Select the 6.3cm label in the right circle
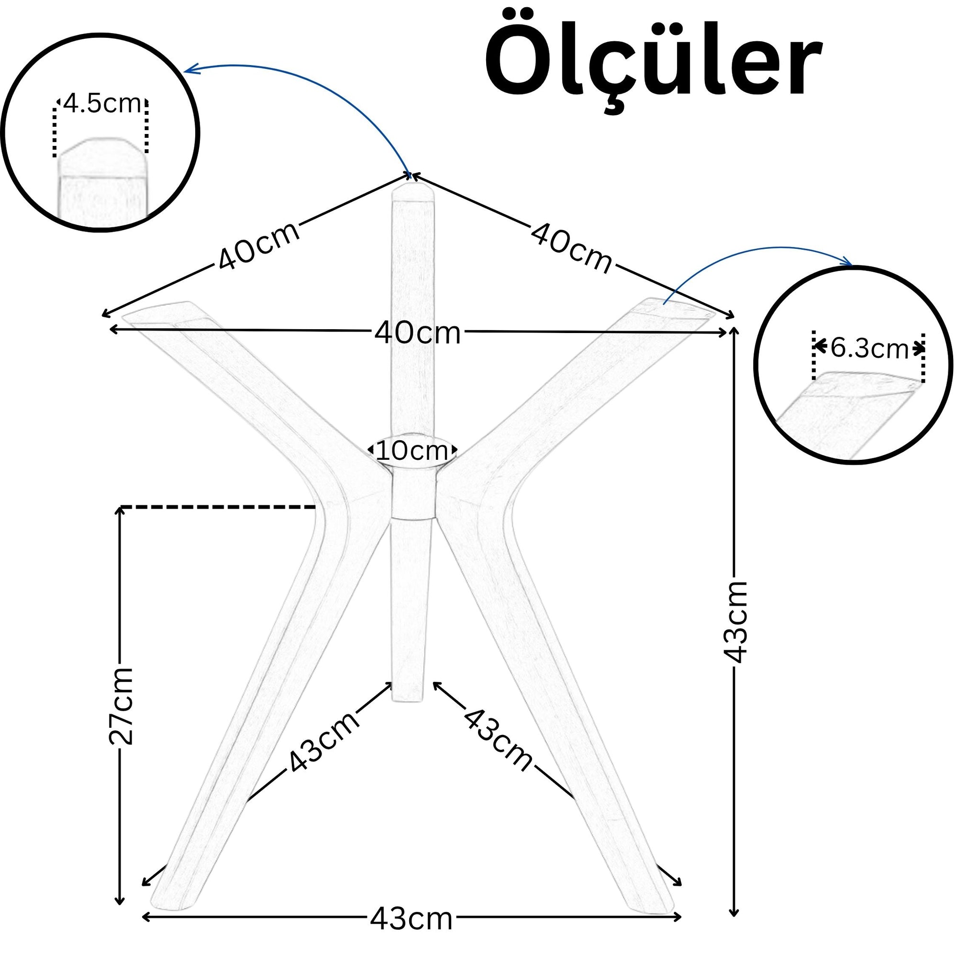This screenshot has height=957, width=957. (x=869, y=348)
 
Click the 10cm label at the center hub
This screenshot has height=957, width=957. (x=412, y=450)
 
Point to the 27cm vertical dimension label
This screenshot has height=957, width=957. (x=122, y=706)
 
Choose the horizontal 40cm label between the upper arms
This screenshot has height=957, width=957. (x=418, y=333)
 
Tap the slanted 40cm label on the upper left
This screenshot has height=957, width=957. (x=258, y=245)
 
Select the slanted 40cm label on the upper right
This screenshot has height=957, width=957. (x=571, y=248)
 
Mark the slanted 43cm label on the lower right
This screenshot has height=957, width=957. (x=498, y=740)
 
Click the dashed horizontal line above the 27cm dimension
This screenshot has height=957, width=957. (x=218, y=507)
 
